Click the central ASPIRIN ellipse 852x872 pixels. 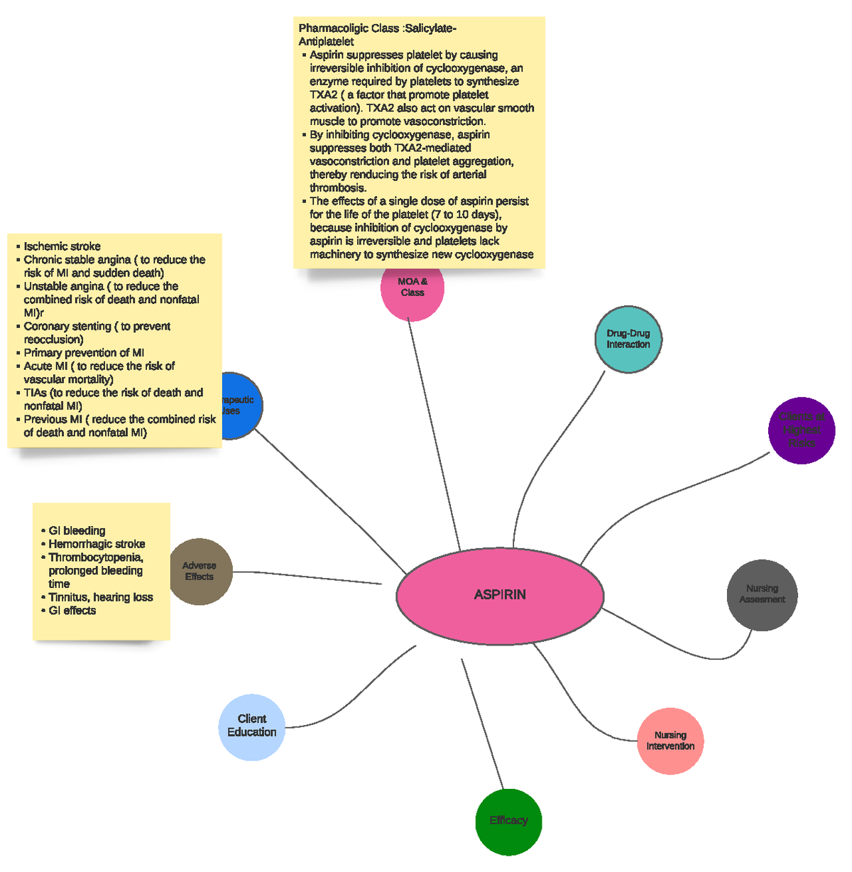coord(500,595)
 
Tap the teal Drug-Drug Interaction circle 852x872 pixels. coord(628,339)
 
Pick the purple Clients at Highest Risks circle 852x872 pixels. coord(802,430)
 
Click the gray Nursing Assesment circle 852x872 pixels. coord(762,594)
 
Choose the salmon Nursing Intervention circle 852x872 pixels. coord(670,741)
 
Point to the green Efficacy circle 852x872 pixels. coord(508,821)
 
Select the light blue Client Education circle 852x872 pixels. coord(252,726)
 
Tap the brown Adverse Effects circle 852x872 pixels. coord(200,572)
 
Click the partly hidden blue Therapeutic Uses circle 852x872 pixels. coord(241,405)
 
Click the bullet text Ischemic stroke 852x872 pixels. coord(62,246)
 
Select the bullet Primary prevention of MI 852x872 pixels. coord(84,353)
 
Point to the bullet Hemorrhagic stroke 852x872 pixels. coord(97,544)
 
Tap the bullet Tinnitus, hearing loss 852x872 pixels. coord(100,597)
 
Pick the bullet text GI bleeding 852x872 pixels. coord(77,530)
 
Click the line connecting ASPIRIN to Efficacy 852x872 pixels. coord(483,724)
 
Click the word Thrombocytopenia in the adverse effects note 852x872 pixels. coord(95,557)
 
